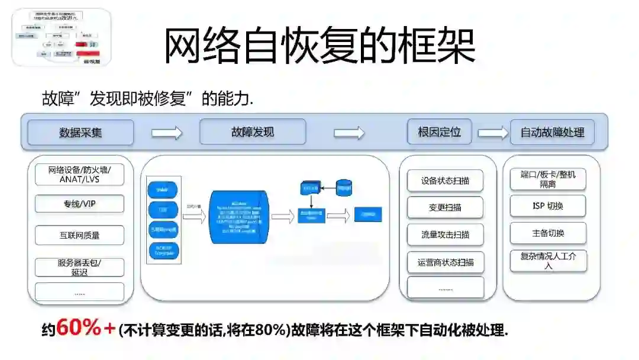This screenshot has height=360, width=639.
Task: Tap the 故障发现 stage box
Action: [x=253, y=132]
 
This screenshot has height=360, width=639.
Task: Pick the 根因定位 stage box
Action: [x=439, y=131]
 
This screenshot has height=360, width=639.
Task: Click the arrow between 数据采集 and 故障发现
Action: [x=167, y=133]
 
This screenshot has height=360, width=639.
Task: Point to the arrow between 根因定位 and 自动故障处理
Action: [x=493, y=133]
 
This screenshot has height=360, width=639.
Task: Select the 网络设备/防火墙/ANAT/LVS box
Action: [x=80, y=174]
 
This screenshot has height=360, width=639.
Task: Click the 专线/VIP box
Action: [x=80, y=204]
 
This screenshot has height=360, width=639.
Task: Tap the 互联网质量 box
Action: [x=80, y=235]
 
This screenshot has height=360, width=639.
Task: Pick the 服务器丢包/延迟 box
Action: [x=80, y=267]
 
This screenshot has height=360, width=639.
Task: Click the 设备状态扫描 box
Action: [x=446, y=181]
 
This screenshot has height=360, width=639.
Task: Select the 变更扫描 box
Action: [x=446, y=208]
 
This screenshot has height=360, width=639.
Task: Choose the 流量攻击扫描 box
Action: [x=446, y=234]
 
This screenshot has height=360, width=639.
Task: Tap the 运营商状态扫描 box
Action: [x=446, y=262]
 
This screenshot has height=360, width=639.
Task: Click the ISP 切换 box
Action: [x=548, y=206]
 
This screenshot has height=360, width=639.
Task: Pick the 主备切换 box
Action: [x=548, y=233]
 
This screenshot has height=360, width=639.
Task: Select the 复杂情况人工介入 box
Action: [x=548, y=261]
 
